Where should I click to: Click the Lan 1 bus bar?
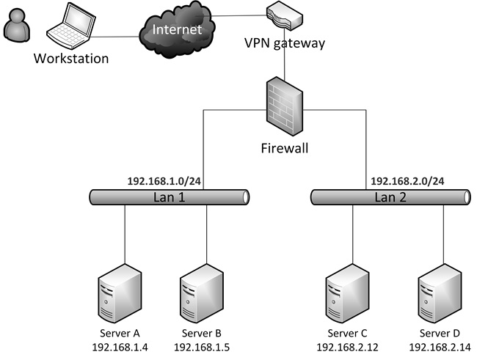170,196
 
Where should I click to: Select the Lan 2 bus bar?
389,196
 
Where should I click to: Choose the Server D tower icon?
438,295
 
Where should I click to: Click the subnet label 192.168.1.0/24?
164,181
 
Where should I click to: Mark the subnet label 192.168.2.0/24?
407,181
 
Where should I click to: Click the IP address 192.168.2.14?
441,347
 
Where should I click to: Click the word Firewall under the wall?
285,148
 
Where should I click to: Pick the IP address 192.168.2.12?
346,347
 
